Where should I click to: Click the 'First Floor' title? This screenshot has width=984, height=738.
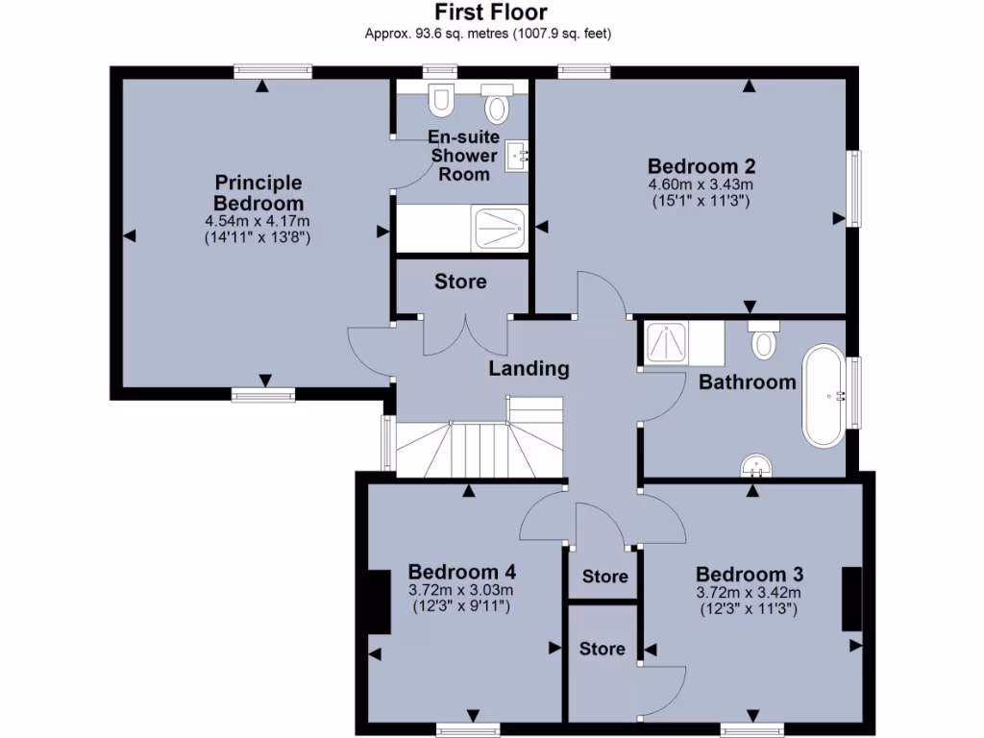point(491,12)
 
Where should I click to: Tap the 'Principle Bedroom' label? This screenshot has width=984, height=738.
point(258,192)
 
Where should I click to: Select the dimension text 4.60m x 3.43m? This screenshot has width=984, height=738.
point(699,184)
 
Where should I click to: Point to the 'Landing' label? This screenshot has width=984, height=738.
point(529,368)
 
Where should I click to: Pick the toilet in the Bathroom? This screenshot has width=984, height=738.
point(764,340)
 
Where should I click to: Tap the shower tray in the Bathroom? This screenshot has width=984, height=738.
point(665,343)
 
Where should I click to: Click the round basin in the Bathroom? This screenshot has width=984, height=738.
point(757,466)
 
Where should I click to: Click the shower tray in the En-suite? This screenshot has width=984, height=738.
point(500,228)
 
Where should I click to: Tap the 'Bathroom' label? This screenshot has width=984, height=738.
point(747,381)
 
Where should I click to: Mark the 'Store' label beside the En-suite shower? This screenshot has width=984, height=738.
point(460,282)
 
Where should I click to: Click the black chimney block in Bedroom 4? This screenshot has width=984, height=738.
point(379,602)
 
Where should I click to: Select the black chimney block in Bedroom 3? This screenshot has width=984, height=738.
point(851,599)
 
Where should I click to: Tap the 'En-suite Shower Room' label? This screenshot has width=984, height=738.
point(464,156)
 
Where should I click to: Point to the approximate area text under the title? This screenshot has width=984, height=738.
point(488,34)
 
